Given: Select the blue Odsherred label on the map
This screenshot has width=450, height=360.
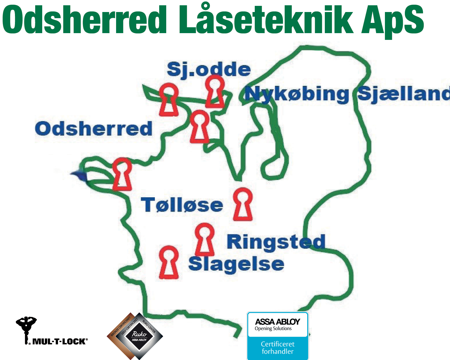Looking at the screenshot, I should click(x=94, y=129).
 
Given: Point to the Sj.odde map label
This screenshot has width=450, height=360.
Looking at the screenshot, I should click(x=208, y=69).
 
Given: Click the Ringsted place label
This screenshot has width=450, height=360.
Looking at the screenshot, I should click(x=276, y=242).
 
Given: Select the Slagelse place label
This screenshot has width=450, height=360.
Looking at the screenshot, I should click(x=236, y=264).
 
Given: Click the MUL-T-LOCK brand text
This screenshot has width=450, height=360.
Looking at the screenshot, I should click(x=60, y=342).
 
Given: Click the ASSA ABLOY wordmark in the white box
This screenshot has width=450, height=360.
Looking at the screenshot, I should click(x=277, y=322).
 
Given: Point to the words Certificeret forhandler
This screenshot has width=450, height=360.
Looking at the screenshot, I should click(x=277, y=348).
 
